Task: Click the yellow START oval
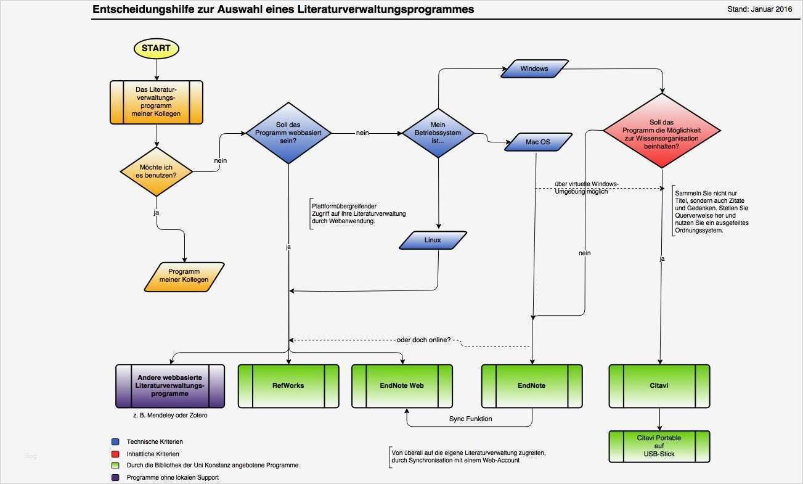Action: coord(156,48)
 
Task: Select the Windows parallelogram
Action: coord(534,68)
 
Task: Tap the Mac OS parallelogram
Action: coord(538,142)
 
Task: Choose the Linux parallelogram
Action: coord(433,240)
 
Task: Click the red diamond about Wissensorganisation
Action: coord(661,131)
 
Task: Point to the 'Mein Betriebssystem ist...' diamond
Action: coord(438,133)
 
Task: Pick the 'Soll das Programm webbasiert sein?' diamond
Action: coord(288,133)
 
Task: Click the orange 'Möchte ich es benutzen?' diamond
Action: coord(157,172)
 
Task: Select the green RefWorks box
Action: coord(288,386)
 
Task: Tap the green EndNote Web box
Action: coord(402,386)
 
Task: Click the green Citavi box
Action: coord(659,386)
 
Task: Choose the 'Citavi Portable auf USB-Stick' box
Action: coord(659,446)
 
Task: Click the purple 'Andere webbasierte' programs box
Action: coord(170,386)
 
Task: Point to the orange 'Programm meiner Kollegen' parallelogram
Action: coord(184,276)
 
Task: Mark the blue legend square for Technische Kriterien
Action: coord(115,442)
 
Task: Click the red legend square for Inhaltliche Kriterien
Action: coord(115,454)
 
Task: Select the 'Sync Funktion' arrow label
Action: coord(470,419)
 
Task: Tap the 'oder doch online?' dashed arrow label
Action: coord(423,340)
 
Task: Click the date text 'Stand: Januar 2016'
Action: coord(759,9)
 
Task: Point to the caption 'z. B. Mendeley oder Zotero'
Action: coord(170,416)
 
